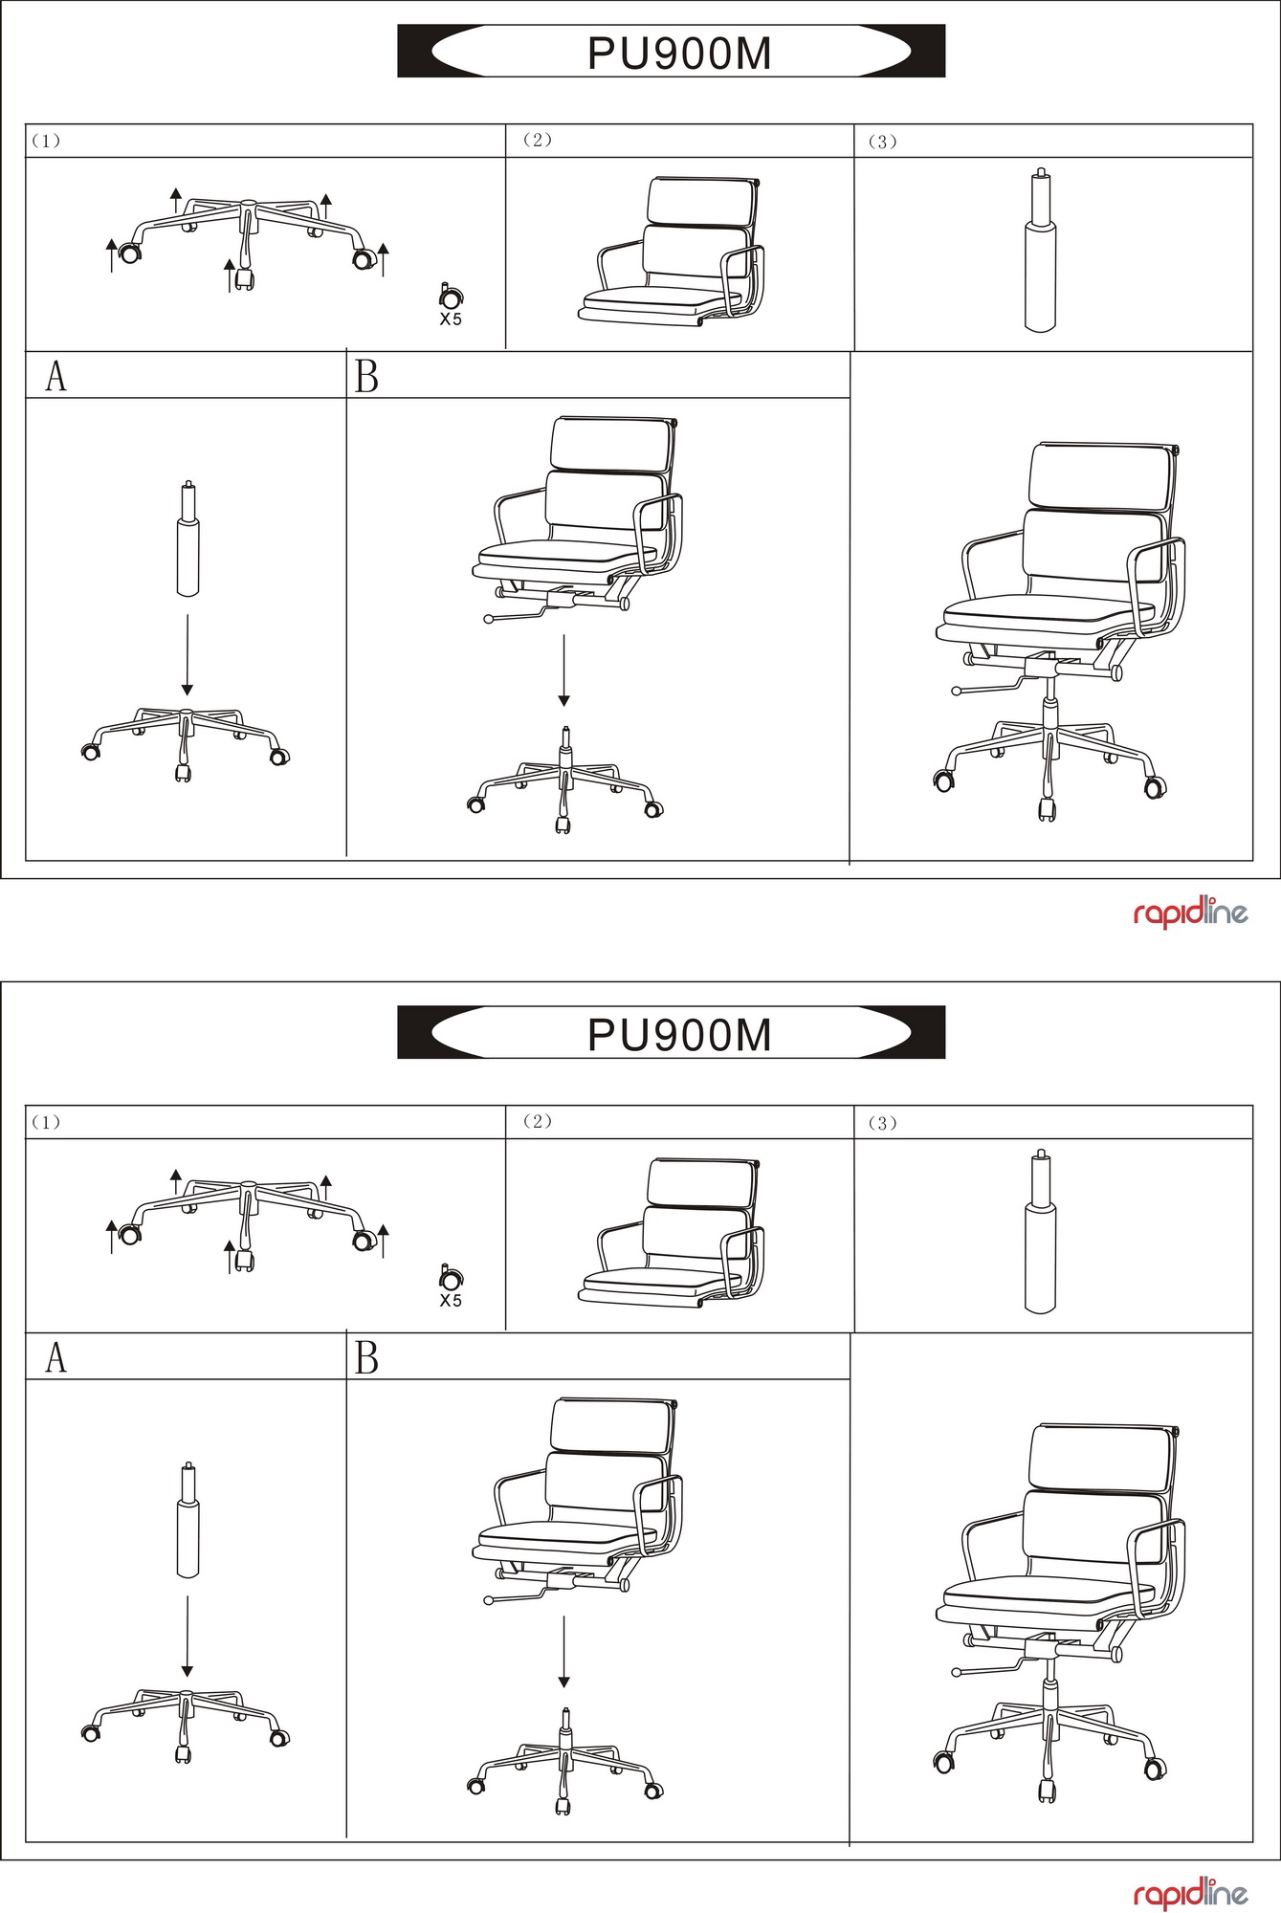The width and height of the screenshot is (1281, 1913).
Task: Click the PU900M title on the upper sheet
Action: click(679, 54)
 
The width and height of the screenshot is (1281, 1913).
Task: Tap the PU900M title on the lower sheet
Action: click(679, 1035)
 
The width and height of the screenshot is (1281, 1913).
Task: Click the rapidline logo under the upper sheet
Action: click(1190, 913)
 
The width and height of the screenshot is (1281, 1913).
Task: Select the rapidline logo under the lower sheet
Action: click(1190, 1894)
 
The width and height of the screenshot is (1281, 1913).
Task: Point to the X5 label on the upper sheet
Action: click(451, 319)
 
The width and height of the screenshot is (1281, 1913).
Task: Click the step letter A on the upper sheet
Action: click(56, 377)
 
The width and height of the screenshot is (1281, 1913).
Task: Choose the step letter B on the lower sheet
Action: click(366, 1358)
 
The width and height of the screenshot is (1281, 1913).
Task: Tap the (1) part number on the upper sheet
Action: click(46, 142)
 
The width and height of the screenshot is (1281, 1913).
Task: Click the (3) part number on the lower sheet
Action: click(882, 1123)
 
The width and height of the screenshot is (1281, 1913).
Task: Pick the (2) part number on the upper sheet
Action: click(538, 141)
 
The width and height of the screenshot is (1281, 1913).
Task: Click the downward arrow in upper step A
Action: click(188, 655)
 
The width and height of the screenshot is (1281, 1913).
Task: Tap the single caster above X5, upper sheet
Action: click(451, 296)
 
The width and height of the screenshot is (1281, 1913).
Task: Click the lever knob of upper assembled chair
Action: click(956, 690)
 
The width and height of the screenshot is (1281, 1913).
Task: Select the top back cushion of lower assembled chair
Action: click(1102, 1457)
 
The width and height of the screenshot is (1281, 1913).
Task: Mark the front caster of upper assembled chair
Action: click(1047, 809)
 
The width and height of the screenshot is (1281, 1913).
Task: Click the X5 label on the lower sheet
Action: click(451, 1301)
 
